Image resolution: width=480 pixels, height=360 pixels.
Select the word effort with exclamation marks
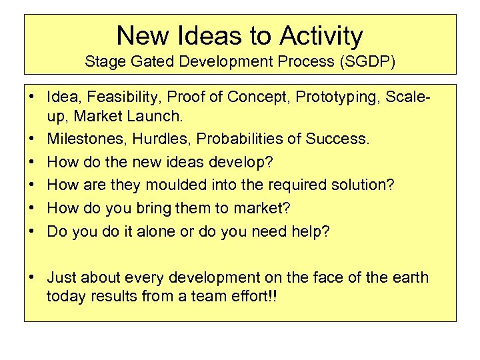click(x=255, y=296)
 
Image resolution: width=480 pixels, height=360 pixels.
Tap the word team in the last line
click(x=210, y=296)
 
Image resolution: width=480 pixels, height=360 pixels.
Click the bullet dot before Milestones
click(x=32, y=139)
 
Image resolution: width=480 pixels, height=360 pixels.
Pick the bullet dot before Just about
click(x=32, y=277)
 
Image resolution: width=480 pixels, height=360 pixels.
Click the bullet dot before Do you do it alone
click(x=32, y=231)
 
